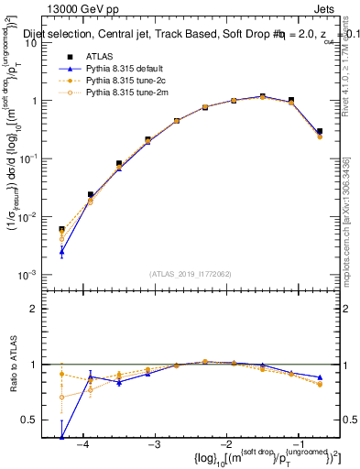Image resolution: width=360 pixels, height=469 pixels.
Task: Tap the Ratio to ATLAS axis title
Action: [x=12, y=363]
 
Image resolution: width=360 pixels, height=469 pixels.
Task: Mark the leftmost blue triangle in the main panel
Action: [x=61, y=250]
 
